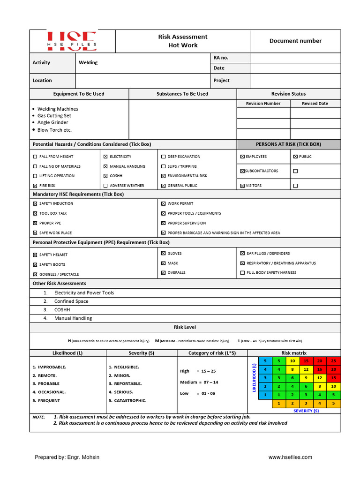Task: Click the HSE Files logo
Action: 72,41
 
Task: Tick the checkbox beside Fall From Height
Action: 35,157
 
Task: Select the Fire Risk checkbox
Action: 35,186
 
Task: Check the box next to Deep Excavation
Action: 163,157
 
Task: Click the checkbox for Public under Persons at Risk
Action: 295,157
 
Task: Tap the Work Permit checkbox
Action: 163,203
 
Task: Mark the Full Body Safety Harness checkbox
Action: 242,272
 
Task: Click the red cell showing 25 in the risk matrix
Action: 333,361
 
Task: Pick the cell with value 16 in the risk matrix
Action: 320,369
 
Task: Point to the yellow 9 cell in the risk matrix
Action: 306,378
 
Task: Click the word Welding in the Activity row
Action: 88,63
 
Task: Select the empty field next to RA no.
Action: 295,58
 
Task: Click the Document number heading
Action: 295,41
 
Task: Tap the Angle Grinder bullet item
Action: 52,123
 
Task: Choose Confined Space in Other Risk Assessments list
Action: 71,301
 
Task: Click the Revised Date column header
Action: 315,104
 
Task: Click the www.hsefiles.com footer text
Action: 290,457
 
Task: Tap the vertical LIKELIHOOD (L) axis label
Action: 254,378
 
